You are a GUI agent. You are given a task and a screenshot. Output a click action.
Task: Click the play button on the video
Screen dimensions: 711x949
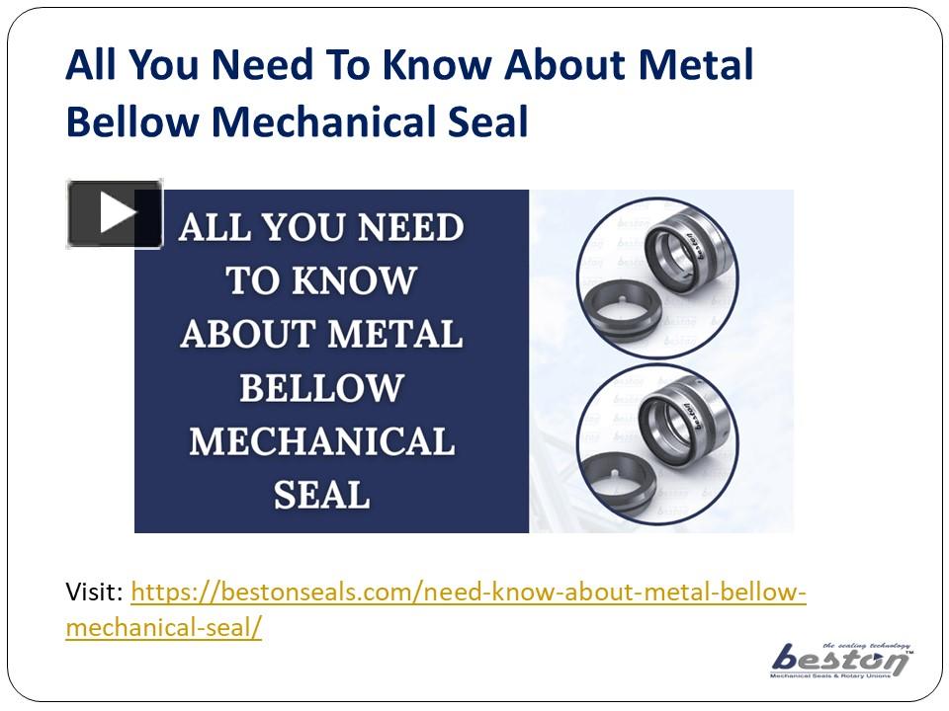click(115, 213)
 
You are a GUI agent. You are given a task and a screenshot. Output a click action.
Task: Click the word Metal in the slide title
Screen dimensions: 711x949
click(696, 66)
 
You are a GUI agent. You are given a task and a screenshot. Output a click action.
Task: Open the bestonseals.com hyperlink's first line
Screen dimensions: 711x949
click(469, 592)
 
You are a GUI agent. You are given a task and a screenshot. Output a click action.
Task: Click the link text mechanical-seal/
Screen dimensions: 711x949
click(163, 627)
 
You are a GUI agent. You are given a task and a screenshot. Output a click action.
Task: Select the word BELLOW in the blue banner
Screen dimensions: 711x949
click(321, 387)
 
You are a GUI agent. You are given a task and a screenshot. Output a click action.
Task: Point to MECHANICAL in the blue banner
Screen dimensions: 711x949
click(321, 440)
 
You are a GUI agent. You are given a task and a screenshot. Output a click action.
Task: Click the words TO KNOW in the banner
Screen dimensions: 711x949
click(321, 281)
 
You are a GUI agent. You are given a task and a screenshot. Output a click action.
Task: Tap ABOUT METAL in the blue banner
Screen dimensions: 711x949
click(321, 335)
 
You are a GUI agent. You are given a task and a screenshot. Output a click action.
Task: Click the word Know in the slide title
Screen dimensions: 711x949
click(436, 66)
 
